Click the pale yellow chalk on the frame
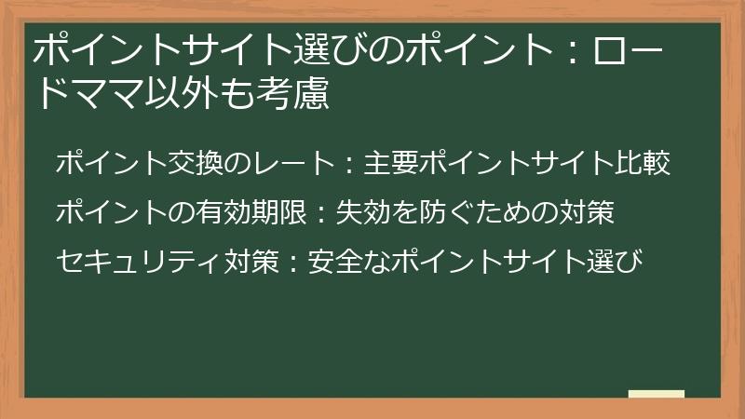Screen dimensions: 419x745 (656, 395)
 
